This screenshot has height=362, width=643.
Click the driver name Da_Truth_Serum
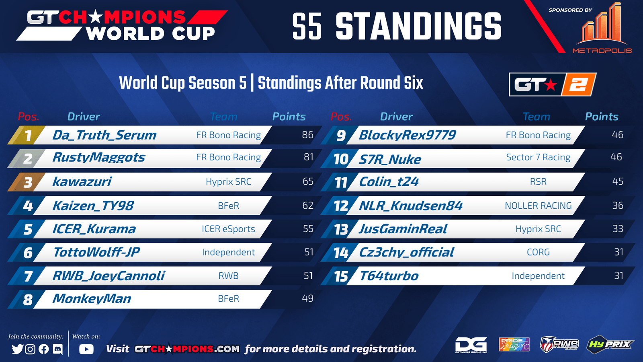[104, 135]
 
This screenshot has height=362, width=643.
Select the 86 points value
[307, 135]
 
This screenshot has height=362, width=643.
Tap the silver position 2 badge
[27, 158]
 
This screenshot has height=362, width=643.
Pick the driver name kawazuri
[82, 181]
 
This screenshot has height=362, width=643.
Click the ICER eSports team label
[228, 229]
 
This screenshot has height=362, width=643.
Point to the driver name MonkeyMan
[92, 299]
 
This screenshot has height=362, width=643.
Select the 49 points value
[307, 298]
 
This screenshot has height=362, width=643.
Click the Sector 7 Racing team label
[538, 157]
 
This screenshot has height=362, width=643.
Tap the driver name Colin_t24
[389, 181]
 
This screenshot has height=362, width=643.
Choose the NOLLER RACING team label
[538, 206]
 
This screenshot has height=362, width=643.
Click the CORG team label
[538, 252]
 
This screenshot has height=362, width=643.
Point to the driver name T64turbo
[389, 276]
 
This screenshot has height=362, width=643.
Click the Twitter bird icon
[18, 349]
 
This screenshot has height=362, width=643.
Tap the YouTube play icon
[86, 349]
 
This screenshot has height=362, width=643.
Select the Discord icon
[58, 349]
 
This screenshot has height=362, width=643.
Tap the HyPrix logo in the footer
[610, 344]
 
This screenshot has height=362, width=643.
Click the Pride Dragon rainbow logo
[514, 344]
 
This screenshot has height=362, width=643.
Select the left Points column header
[289, 117]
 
